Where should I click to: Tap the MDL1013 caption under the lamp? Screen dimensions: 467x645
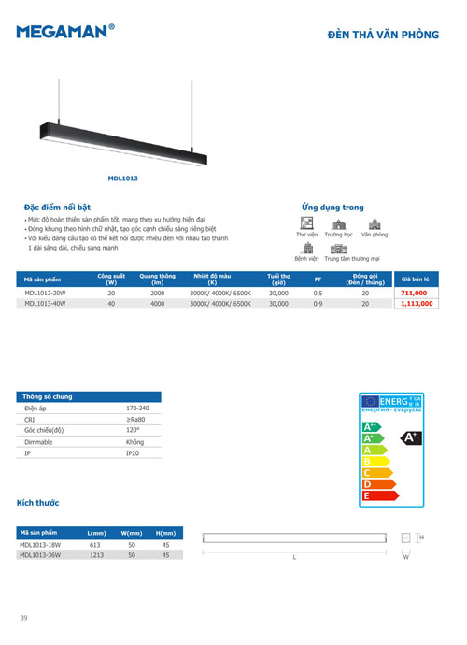click(123, 176)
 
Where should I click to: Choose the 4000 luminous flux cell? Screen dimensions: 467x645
click(157, 304)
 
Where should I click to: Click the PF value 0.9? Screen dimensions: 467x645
click(318, 304)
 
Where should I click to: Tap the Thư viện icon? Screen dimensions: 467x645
click(305, 222)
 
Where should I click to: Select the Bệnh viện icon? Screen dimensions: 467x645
click(306, 248)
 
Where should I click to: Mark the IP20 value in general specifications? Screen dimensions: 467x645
click(133, 452)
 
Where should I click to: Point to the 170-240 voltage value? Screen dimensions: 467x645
click(136, 408)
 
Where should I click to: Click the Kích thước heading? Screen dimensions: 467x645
click(38, 503)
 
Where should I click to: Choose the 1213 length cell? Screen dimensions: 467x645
click(94, 554)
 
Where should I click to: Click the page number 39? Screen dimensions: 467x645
click(24, 618)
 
